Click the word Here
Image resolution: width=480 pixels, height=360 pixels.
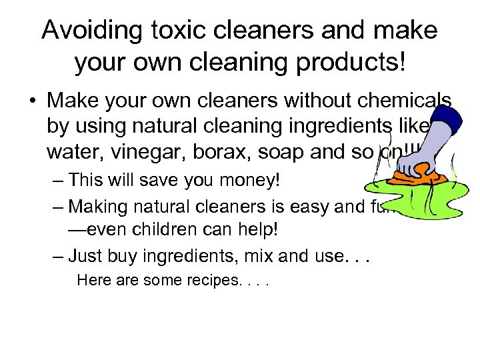coord(91,280)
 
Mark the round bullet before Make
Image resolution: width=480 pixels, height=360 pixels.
coord(32,101)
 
